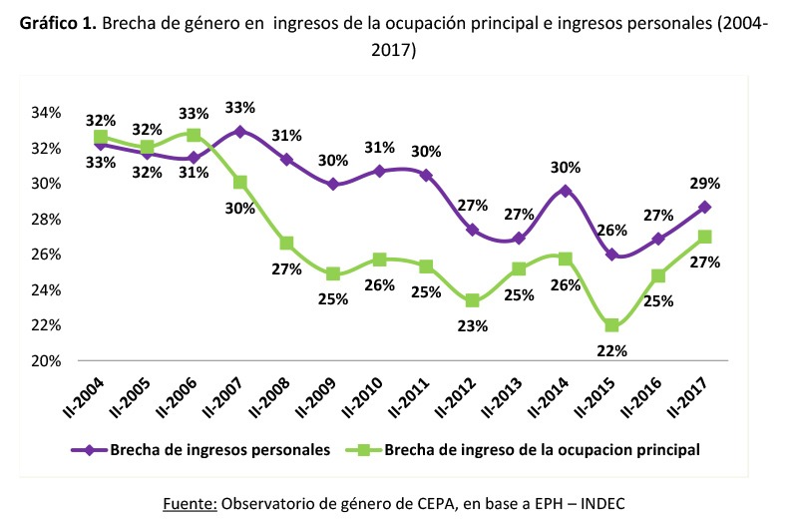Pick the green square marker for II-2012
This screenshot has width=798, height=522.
pos(473,301)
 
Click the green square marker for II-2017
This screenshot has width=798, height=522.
pos(703,237)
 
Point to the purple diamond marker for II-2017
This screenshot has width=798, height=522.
pos(703,207)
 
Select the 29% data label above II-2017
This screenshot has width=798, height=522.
pos(704,183)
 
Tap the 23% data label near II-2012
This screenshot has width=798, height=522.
pos(473,325)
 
